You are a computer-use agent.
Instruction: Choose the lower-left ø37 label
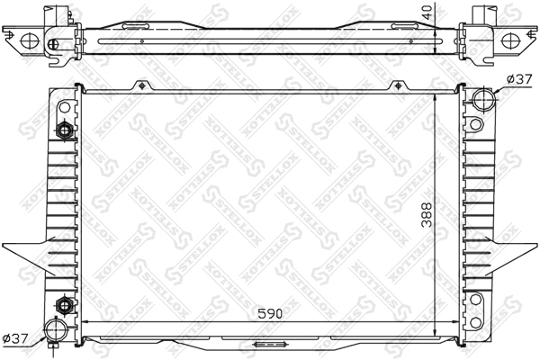click(x=18, y=338)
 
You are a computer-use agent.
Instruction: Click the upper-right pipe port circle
click(x=483, y=97)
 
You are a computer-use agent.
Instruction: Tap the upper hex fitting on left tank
click(x=65, y=130)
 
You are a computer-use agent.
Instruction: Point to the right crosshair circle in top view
click(x=511, y=40)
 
